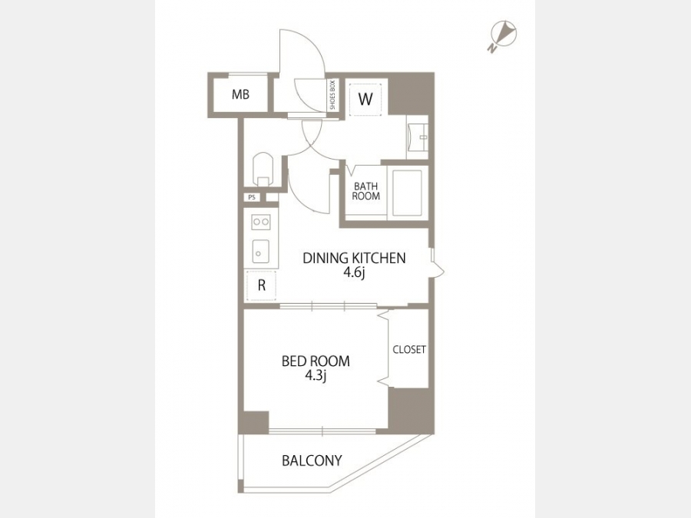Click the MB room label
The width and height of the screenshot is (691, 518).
pyautogui.click(x=240, y=94)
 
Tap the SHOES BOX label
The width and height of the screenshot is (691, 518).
pyautogui.click(x=332, y=95)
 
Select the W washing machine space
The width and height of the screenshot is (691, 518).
pyautogui.click(x=365, y=100)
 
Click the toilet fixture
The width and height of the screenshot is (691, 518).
pyautogui.click(x=263, y=169)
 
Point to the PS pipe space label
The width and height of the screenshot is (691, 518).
pyautogui.click(x=252, y=197)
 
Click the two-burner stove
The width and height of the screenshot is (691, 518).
pyautogui.click(x=260, y=222)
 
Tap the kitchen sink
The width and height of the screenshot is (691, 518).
pyautogui.click(x=260, y=252)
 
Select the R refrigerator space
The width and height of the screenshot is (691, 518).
pyautogui.click(x=261, y=286)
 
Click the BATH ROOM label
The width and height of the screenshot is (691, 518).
pyautogui.click(x=365, y=191)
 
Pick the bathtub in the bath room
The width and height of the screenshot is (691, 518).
pyautogui.click(x=407, y=193)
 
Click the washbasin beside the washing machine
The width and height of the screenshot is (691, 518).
pyautogui.click(x=418, y=137)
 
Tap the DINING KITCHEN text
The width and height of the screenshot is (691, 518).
pyautogui.click(x=354, y=258)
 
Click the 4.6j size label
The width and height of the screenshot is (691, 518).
pyautogui.click(x=354, y=273)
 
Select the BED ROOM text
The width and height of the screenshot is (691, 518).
pyautogui.click(x=316, y=361)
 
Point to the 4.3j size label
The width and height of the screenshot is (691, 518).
pyautogui.click(x=315, y=376)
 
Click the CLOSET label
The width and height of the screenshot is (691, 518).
pyautogui.click(x=409, y=350)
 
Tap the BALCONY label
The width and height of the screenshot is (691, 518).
pyautogui.click(x=312, y=460)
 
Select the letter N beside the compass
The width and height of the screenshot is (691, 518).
pyautogui.click(x=491, y=48)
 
